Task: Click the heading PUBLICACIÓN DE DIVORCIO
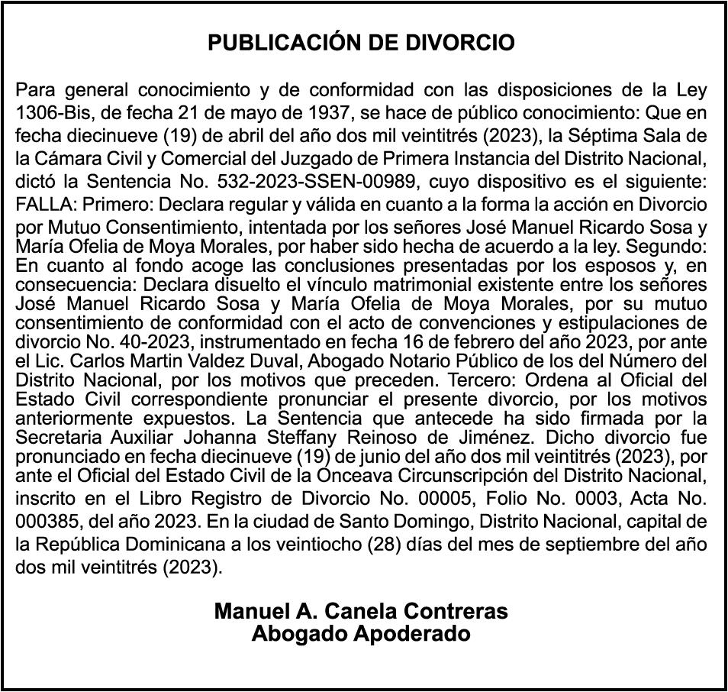[362, 43]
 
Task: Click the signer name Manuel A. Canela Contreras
[361, 612]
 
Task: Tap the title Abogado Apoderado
[361, 634]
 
